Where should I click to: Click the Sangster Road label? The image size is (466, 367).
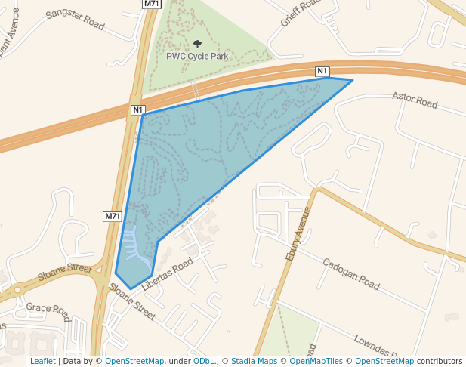[x=75, y=20]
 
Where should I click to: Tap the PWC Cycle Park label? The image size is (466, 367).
[x=197, y=56]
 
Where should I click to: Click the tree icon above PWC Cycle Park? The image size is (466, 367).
[x=198, y=45]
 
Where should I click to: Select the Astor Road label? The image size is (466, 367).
[x=415, y=100]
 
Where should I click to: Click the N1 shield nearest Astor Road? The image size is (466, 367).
[x=322, y=72]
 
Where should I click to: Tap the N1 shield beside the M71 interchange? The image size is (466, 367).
[x=137, y=110]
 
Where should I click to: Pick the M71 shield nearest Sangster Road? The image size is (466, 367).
[x=152, y=4]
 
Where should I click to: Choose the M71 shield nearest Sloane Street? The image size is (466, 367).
[x=113, y=217]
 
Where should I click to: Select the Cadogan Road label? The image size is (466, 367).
[x=350, y=274]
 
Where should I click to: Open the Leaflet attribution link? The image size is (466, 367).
[x=42, y=362]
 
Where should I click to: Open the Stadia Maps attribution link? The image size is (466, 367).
[x=254, y=362]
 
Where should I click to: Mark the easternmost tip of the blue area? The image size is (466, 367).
[x=353, y=80]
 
